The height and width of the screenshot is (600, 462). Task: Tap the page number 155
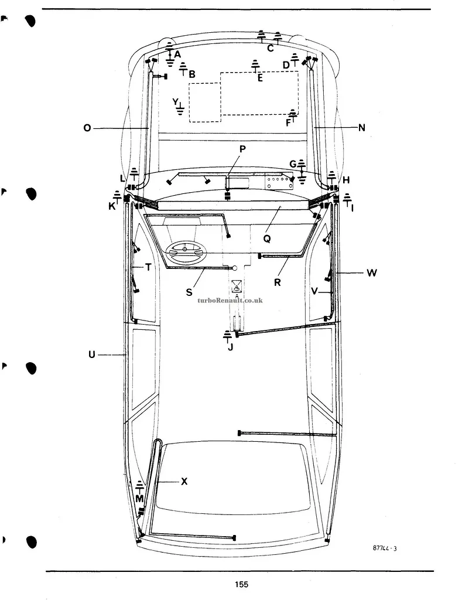coord(241,584)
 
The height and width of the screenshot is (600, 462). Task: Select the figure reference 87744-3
coord(384,548)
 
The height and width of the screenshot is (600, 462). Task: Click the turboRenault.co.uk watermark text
coord(230,301)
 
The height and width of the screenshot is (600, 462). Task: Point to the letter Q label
coord(267,239)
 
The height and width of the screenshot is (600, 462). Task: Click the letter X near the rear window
coord(184,482)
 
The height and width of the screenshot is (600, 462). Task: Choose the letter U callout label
coord(92,354)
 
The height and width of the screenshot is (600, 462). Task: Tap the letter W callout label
coord(371,273)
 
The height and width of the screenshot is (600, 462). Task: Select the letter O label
coord(87,128)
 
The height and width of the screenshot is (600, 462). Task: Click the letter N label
coord(361,128)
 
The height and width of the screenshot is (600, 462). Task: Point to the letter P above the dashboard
coord(242,149)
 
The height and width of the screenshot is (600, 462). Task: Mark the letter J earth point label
coord(230,347)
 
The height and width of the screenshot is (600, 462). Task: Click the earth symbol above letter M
coord(139,486)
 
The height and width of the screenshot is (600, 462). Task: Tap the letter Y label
coord(175,102)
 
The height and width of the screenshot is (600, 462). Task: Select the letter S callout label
coord(189,292)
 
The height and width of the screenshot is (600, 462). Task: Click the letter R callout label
coord(278,282)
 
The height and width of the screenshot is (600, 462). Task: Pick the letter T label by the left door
coord(148,267)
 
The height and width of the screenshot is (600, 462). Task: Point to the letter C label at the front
coord(271,49)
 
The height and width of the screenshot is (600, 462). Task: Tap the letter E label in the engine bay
coord(260,78)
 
